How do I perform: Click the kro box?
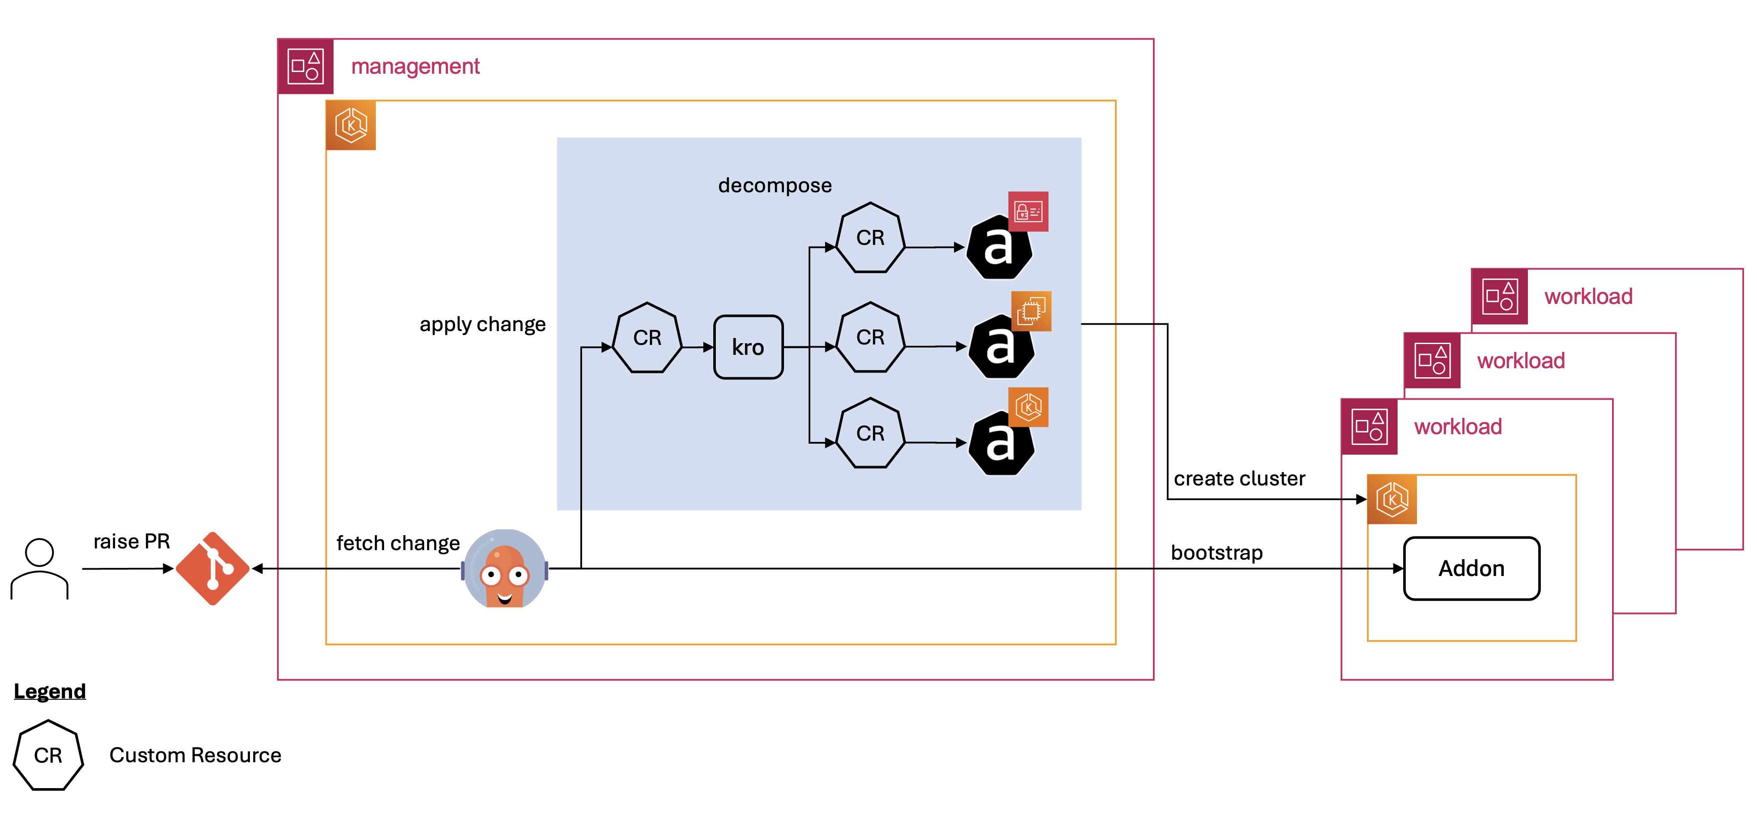(x=747, y=347)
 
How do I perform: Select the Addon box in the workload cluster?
(x=1471, y=568)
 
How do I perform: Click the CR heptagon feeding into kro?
(x=647, y=338)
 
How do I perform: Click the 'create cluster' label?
(x=1239, y=479)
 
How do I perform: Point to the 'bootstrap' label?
(x=1216, y=552)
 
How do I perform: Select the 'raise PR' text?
(x=131, y=542)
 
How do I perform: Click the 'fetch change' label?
(x=398, y=543)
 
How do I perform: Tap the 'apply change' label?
(x=482, y=325)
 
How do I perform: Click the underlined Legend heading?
(x=50, y=691)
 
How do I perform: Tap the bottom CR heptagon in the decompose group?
(x=869, y=434)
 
